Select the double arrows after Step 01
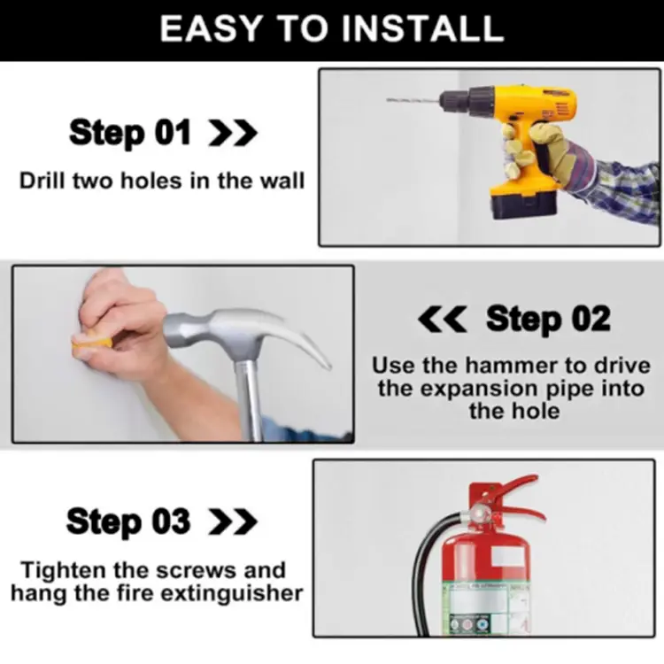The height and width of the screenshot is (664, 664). (232, 135)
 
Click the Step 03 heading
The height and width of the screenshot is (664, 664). (128, 521)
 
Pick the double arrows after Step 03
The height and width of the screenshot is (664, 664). (232, 522)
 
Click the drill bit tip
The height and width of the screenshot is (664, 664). (391, 100)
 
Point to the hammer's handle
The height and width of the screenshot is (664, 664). (251, 403)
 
